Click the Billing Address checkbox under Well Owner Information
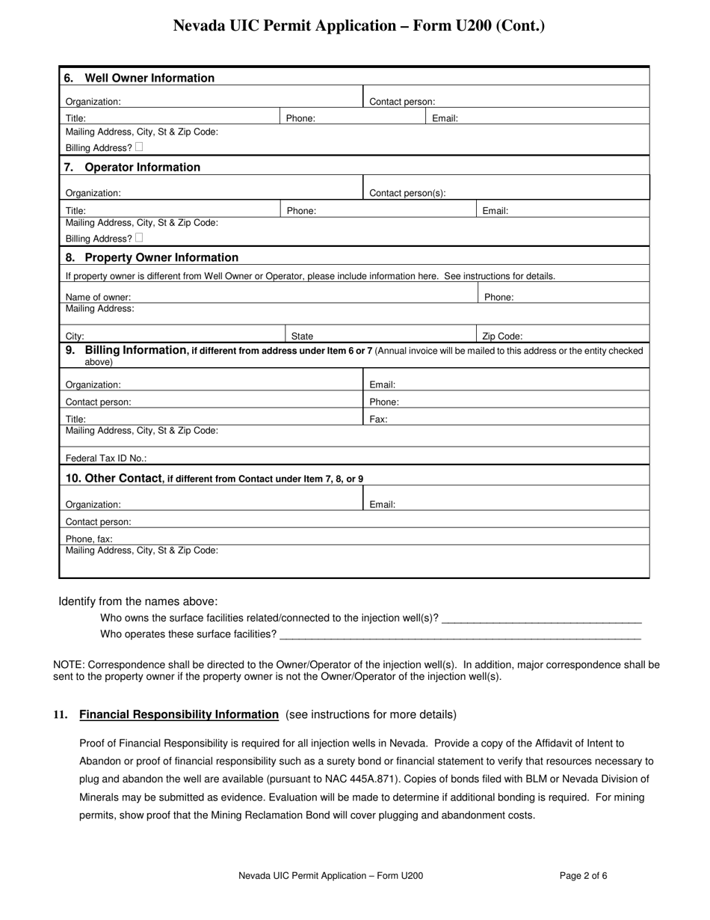pyautogui.click(x=139, y=147)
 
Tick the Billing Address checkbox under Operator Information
pyautogui.click(x=139, y=238)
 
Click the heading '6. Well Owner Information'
pyautogui.click(x=140, y=78)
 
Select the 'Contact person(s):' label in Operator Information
pyautogui.click(x=407, y=193)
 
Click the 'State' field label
pyautogui.click(x=302, y=337)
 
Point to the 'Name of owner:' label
pyautogui.click(x=98, y=297)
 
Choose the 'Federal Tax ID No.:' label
pyautogui.click(x=106, y=458)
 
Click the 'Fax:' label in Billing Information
pyautogui.click(x=379, y=420)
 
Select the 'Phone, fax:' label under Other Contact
pyautogui.click(x=89, y=539)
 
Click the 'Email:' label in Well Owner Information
pyautogui.click(x=445, y=118)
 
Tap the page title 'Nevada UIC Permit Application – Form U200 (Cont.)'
pyautogui.click(x=359, y=26)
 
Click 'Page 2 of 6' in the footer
pyautogui.click(x=583, y=875)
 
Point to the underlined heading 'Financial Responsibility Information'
pyautogui.click(x=179, y=714)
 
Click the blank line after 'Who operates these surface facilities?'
pyautogui.click(x=459, y=634)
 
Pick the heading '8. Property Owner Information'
pyautogui.click(x=152, y=257)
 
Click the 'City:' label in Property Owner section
pyautogui.click(x=75, y=337)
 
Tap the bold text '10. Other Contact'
pyautogui.click(x=114, y=478)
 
